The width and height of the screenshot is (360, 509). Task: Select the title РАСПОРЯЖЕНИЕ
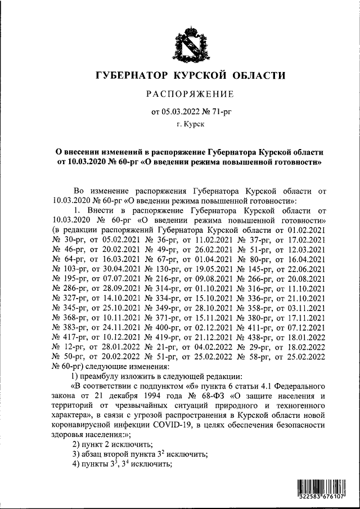[x=189, y=93]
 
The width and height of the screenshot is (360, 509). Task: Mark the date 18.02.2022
[x=307, y=345]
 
